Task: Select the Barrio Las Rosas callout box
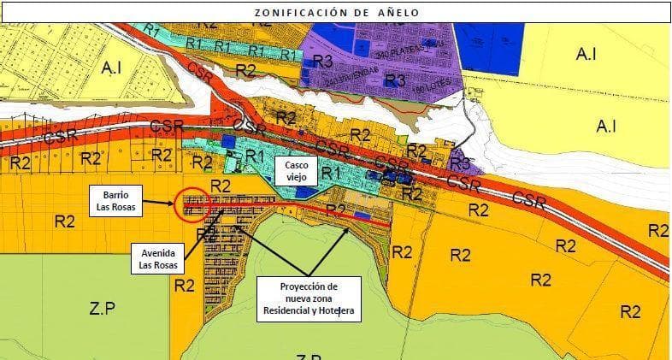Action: coord(119,199)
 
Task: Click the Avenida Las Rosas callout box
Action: coord(158,259)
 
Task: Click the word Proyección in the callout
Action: coord(309,286)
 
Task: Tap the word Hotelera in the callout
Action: coord(336,313)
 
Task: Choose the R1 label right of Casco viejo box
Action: coord(332,174)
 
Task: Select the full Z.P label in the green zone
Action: coord(102,308)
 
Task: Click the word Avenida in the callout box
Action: coord(158,252)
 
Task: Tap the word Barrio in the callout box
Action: coord(119,193)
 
